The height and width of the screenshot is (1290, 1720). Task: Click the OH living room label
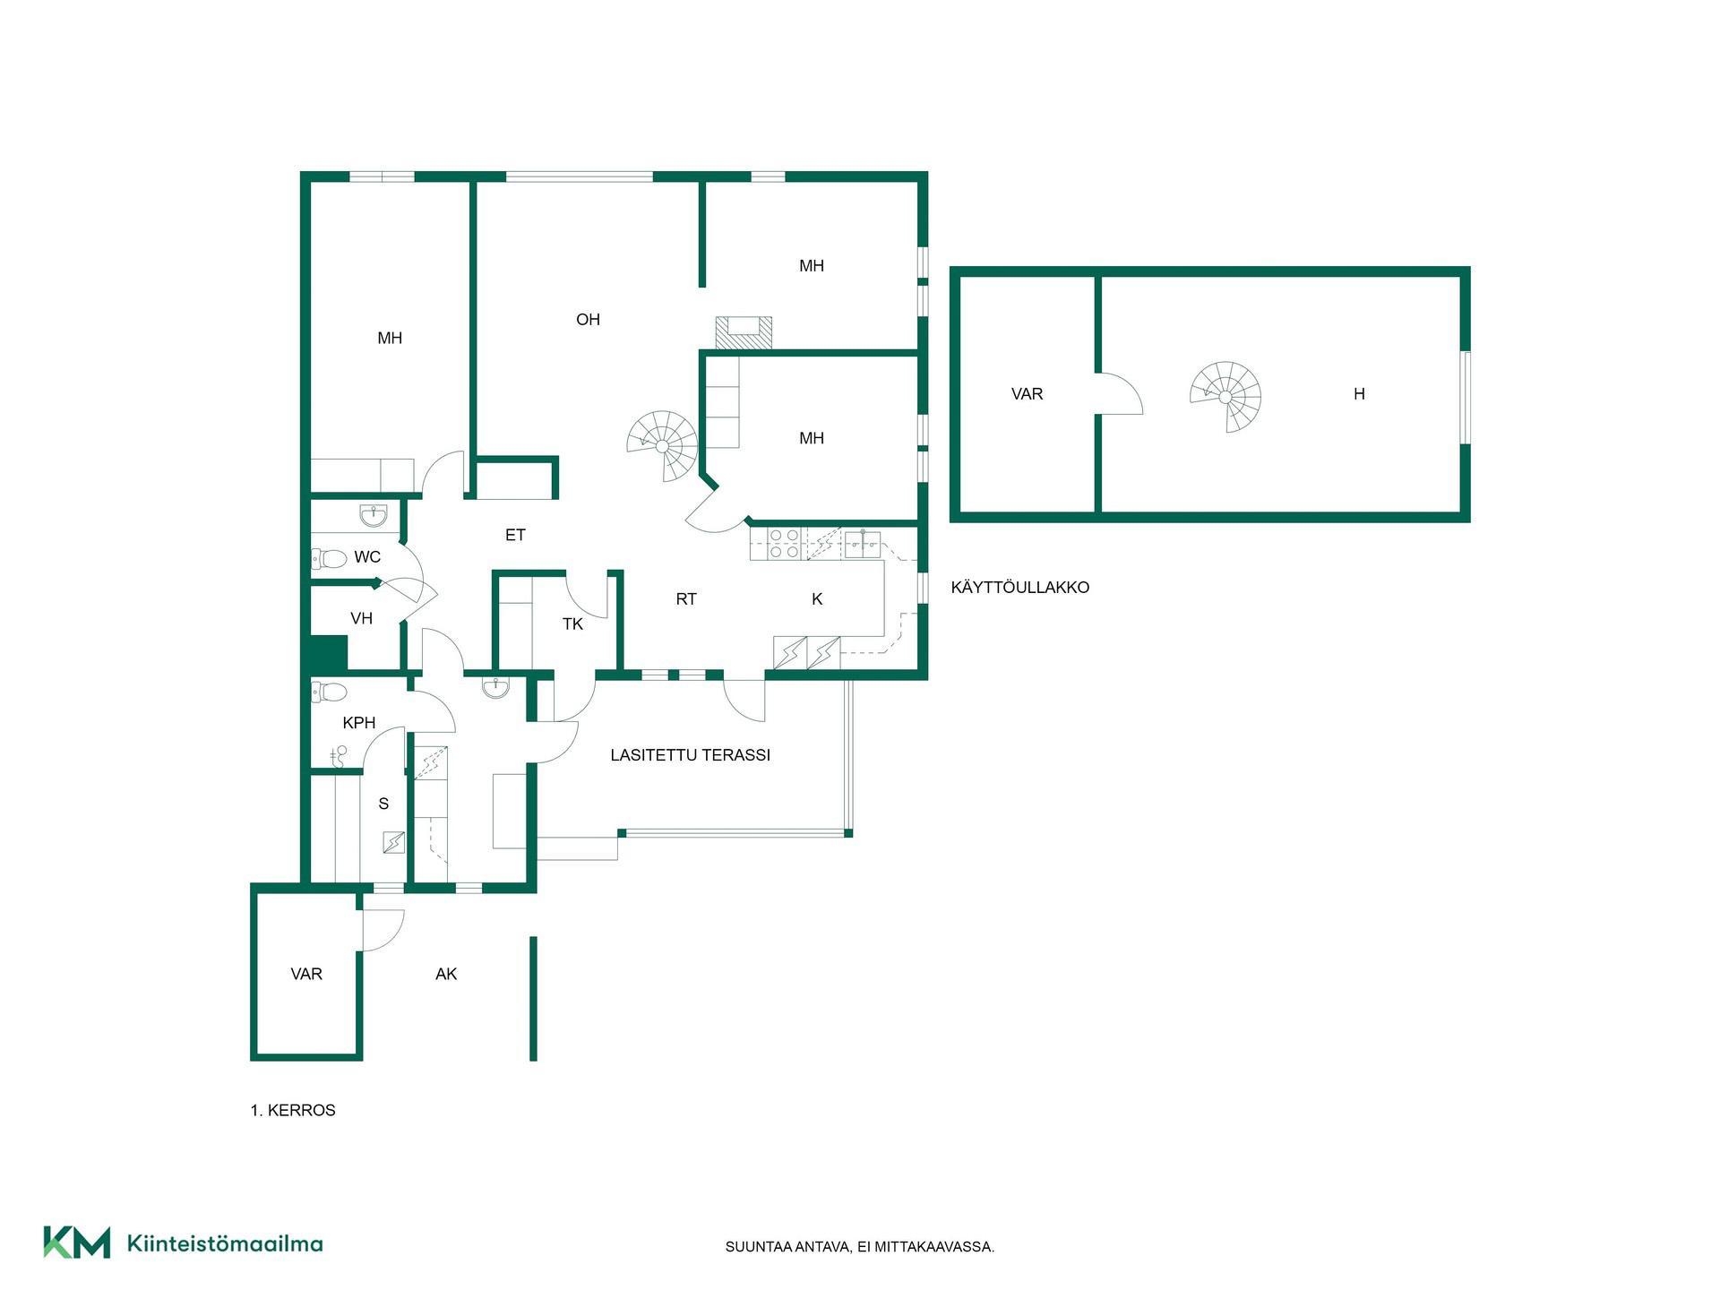588,320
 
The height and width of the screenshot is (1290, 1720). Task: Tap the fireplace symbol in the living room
744,332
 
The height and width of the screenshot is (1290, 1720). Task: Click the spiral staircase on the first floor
662,445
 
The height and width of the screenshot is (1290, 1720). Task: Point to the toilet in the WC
329,559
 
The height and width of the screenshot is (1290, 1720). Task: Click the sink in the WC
373,515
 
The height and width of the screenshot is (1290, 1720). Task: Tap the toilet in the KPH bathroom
329,692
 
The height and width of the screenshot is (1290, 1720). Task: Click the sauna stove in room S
393,843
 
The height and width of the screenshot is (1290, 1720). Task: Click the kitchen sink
863,544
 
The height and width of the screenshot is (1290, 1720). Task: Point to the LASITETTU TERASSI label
690,755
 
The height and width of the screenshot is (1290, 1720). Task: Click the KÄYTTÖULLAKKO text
1020,588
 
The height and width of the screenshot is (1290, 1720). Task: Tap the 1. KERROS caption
293,1110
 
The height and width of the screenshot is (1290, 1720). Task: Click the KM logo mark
77,1243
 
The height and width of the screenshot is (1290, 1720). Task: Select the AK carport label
446,974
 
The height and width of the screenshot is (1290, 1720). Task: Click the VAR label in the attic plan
1027,394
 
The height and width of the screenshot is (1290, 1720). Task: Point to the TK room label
572,624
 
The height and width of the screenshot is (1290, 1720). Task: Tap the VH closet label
361,618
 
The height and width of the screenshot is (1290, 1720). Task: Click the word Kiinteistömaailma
225,1243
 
